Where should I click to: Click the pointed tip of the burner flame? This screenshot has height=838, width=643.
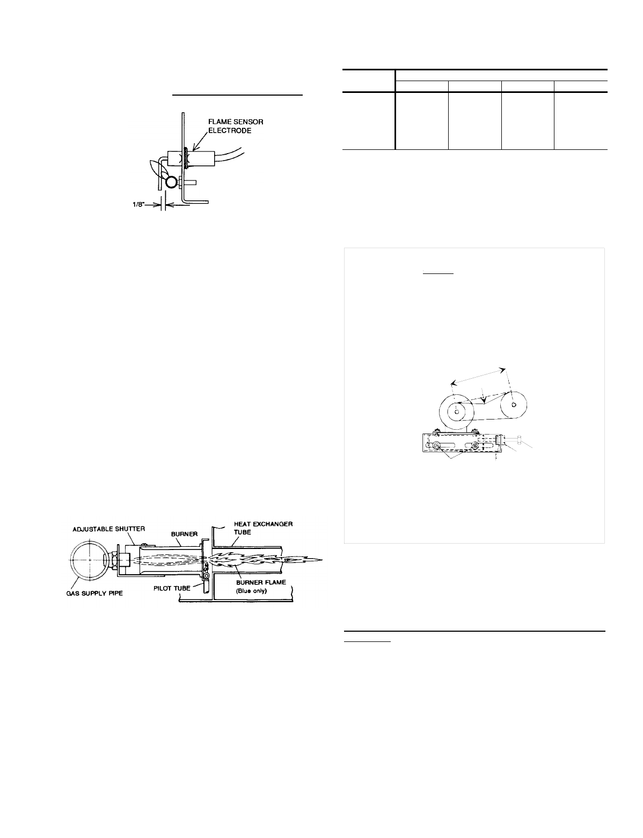tap(324, 559)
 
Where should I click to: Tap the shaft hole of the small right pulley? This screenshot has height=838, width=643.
tap(514, 404)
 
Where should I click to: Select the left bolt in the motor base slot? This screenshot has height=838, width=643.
tap(437, 445)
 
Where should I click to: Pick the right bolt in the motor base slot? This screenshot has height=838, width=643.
tap(475, 445)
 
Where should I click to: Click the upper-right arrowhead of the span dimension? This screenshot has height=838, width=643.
tap(504, 369)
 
